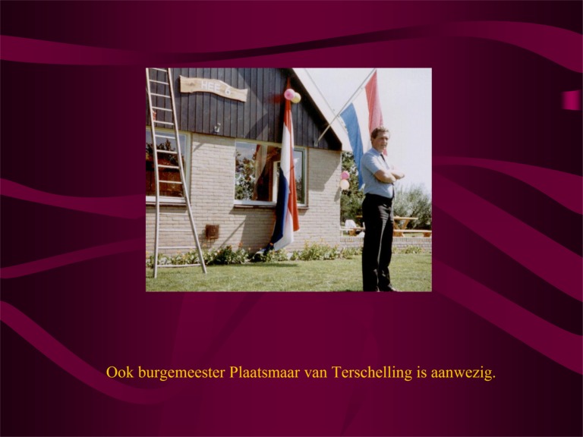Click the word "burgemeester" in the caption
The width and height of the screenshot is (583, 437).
pos(181,373)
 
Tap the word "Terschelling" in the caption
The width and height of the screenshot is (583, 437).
pos(372,373)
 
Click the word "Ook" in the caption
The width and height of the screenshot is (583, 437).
pos(120,372)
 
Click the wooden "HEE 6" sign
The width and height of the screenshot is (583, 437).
pos(213,88)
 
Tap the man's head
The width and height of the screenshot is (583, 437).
pos(380,137)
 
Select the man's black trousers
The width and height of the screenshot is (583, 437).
pos(377,241)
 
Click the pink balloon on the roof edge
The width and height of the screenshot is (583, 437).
pos(289,94)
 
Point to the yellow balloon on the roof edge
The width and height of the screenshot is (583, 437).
pos(296,98)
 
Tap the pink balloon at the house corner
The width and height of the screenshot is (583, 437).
pos(345,175)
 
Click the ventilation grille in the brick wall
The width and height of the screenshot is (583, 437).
pos(213,231)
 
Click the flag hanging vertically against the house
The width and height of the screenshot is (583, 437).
pos(285,174)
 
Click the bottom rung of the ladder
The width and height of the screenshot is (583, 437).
pos(180,266)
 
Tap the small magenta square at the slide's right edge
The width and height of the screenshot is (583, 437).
pos(571,100)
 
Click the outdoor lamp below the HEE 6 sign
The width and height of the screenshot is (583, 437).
pos(217,127)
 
